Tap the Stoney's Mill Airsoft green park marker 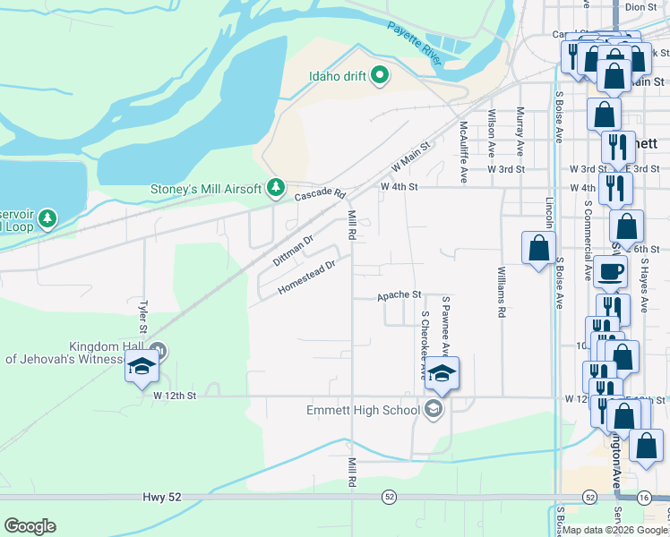[277, 187]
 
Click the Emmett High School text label [363, 411]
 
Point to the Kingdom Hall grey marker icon [159, 350]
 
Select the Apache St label [399, 294]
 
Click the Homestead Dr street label [306, 277]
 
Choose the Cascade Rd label [320, 193]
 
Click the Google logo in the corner [30, 525]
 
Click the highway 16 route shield [644, 496]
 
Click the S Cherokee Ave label [425, 345]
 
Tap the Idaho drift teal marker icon [380, 75]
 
